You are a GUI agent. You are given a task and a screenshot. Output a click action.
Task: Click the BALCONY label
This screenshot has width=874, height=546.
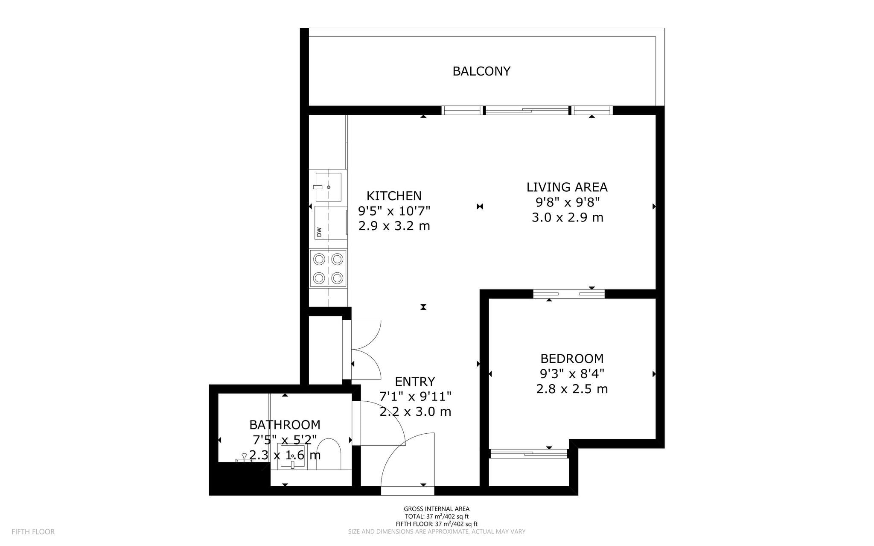(481, 71)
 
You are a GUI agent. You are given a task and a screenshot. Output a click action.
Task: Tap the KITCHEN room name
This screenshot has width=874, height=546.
(394, 196)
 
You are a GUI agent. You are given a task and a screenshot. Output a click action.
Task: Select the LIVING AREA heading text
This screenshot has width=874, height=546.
(567, 187)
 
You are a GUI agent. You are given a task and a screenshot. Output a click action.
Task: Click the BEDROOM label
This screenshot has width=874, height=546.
(572, 358)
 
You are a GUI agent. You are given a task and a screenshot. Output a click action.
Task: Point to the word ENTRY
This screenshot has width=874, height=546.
(415, 381)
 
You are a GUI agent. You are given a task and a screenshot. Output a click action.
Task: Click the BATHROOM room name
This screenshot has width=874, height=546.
(285, 425)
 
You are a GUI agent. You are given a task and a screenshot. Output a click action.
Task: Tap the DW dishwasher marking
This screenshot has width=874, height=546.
(319, 232)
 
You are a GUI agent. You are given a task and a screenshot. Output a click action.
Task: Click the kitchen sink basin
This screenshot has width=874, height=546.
(328, 187)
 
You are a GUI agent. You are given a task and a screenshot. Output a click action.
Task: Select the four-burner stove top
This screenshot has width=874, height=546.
(328, 269)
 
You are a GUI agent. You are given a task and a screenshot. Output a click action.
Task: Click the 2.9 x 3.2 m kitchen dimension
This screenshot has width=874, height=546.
(394, 226)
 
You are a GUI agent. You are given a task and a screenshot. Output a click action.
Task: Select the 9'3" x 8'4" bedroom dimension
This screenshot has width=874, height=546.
(572, 374)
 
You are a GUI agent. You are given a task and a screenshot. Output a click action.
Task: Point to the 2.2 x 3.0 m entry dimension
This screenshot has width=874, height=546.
(415, 412)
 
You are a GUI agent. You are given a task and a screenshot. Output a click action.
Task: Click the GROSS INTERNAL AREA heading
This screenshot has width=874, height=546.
(437, 508)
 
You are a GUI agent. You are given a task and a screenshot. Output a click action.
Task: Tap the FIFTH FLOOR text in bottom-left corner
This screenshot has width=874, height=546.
(33, 531)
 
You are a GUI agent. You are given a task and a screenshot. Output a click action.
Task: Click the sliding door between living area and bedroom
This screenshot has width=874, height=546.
(568, 294)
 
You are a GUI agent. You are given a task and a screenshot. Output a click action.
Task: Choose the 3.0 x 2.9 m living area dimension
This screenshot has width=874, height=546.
(567, 217)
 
